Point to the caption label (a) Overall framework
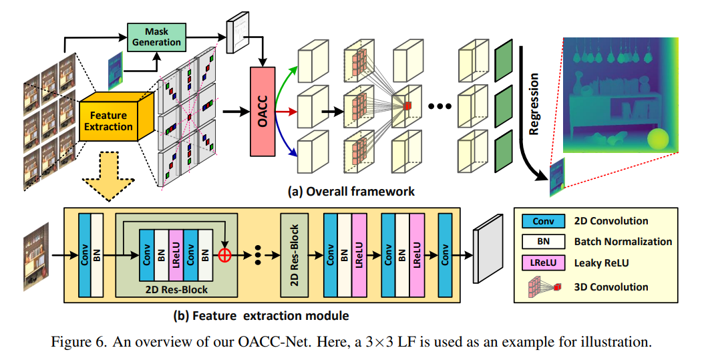(x=351, y=192)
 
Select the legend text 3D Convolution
(x=611, y=287)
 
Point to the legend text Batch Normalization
(x=623, y=242)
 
